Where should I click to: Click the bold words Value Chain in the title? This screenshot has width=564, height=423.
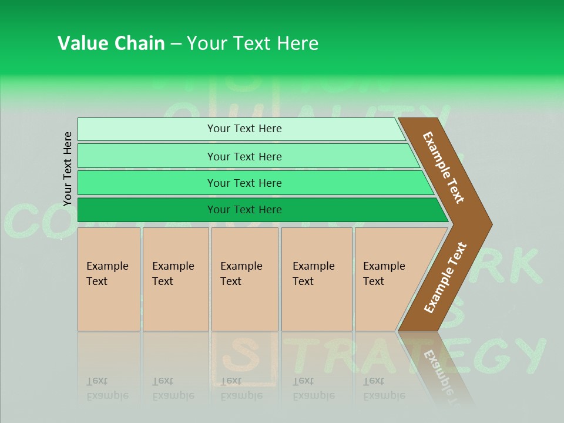coord(111,43)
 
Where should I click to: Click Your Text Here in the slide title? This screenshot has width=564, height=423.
coord(253,43)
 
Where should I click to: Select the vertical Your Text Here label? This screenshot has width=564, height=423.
coord(68,169)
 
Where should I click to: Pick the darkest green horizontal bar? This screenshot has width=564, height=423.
coord(258,210)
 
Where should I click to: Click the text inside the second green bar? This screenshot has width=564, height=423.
coord(244,157)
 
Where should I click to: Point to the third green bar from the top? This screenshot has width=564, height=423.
coord(253,183)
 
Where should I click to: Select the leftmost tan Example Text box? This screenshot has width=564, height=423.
coord(109,279)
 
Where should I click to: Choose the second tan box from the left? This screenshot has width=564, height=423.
coord(175,279)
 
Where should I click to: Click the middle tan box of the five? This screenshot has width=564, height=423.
coord(244,279)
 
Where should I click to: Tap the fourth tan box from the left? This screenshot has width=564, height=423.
coord(317,279)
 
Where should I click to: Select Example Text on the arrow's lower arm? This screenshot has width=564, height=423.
coord(445,278)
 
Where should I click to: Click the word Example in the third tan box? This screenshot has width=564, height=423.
coord(241,266)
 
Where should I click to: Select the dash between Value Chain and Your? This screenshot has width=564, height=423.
coord(176,44)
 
